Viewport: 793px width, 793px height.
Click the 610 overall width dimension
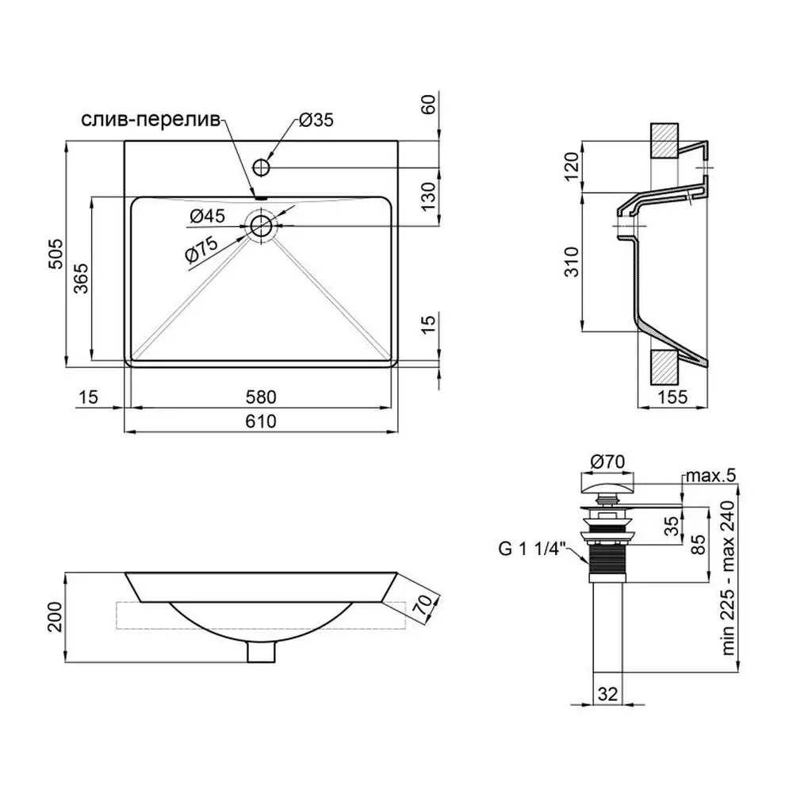coord(261,421)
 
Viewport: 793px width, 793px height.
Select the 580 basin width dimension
coord(261,397)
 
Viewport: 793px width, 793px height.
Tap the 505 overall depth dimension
coord(56,254)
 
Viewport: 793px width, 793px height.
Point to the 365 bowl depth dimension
coord(81,278)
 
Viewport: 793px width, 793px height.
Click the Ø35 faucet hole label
coord(316,120)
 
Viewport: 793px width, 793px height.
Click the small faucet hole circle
coord(262,167)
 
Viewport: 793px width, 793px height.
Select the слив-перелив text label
coord(151,121)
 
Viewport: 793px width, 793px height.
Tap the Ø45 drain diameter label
coord(207,216)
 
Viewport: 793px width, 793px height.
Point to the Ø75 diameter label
coord(201,249)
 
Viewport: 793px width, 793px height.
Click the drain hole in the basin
coord(261,226)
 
